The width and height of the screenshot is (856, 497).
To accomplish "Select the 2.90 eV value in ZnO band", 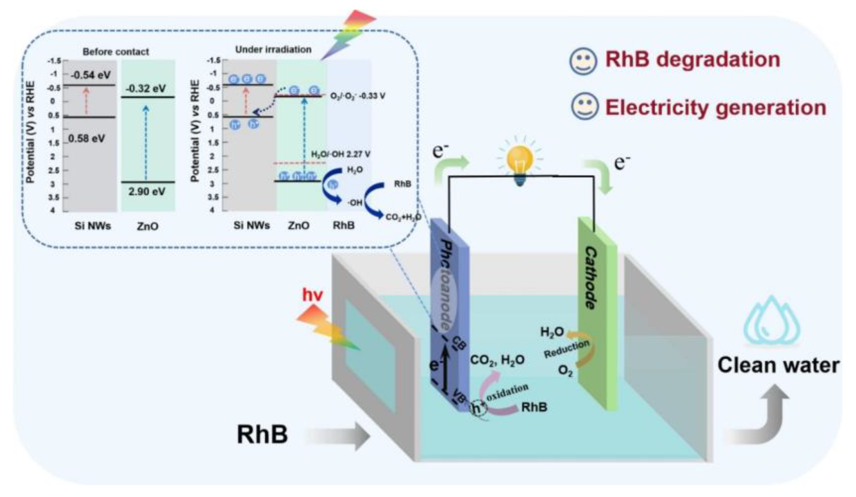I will (147, 192).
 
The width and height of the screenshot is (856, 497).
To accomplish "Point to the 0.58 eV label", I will (87, 138).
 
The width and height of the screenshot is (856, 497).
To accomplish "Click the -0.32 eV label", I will (146, 89).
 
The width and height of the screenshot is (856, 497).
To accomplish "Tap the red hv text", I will (312, 295).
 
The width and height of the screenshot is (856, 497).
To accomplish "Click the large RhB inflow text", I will (262, 435).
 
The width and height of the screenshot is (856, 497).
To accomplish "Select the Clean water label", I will (778, 366).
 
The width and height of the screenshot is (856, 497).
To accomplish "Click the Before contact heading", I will (116, 52).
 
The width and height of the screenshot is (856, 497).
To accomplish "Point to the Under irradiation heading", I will (273, 50).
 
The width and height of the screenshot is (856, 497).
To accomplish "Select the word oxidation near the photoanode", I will (507, 392).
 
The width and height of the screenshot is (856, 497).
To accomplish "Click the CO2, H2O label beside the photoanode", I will (497, 360).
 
